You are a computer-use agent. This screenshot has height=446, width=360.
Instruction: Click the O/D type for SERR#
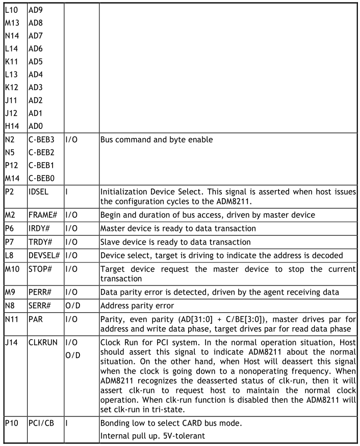(x=74, y=310)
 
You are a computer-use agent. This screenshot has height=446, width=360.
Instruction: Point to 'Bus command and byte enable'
(x=155, y=140)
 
